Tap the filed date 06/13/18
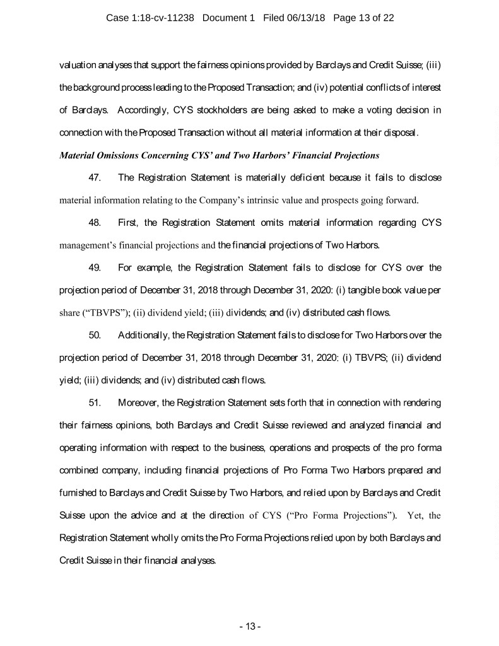[x=303, y=18]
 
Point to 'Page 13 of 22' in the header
[x=363, y=18]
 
